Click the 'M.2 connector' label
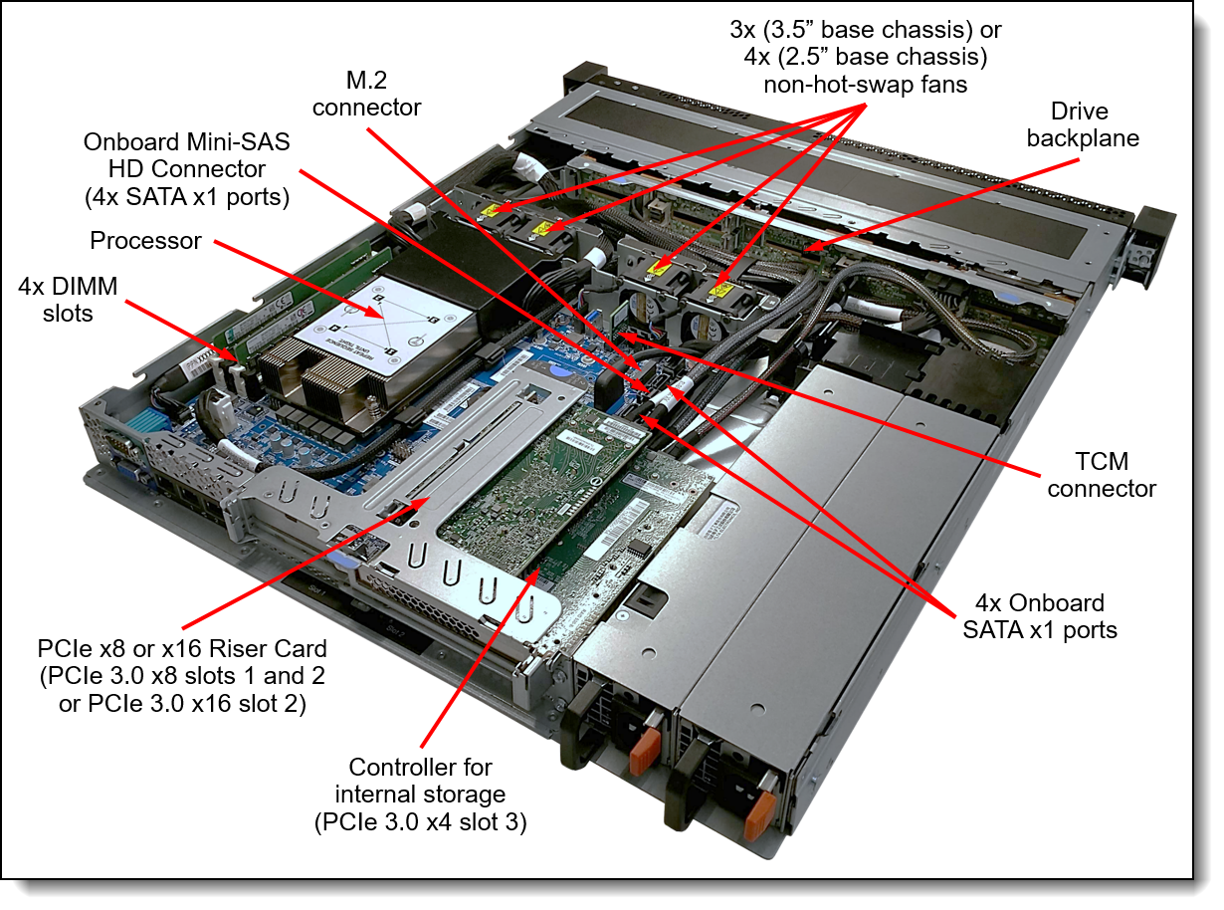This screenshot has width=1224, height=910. pyautogui.click(x=366, y=94)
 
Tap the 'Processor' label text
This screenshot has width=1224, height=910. pyautogui.click(x=145, y=241)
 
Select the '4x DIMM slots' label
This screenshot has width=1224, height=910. pyautogui.click(x=68, y=300)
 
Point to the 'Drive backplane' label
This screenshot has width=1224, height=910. pyautogui.click(x=1082, y=124)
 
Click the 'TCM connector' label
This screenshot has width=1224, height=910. pyautogui.click(x=1102, y=475)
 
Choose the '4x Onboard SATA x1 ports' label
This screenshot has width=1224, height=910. pyautogui.click(x=1040, y=616)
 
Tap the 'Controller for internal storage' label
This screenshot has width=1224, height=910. pyautogui.click(x=421, y=795)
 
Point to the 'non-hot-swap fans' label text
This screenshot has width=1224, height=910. pyautogui.click(x=866, y=85)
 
